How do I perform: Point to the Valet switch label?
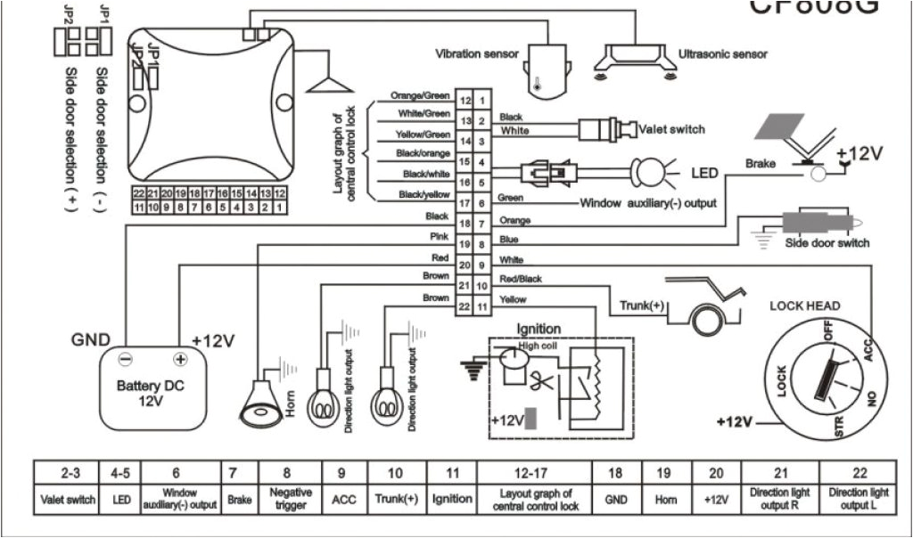671,129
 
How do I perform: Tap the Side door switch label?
827,243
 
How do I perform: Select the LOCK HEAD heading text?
804,306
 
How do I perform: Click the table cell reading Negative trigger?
291,498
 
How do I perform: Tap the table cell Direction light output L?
859,498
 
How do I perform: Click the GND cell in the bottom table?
616,499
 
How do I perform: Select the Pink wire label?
439,237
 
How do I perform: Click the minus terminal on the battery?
127,360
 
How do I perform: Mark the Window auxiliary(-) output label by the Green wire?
648,203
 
